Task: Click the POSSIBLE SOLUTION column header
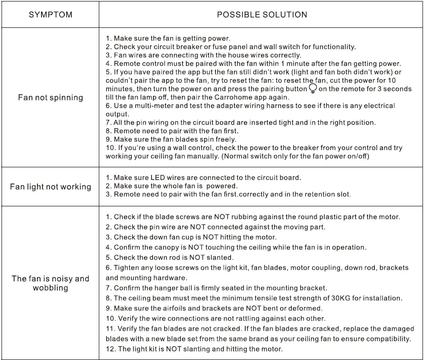pyautogui.click(x=262, y=15)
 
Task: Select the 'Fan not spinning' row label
pyautogui.click(x=50, y=97)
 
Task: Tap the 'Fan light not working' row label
pyautogui.click(x=51, y=187)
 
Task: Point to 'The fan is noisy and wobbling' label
pyautogui.click(x=50, y=283)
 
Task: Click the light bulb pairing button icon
pyautogui.click(x=313, y=89)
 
